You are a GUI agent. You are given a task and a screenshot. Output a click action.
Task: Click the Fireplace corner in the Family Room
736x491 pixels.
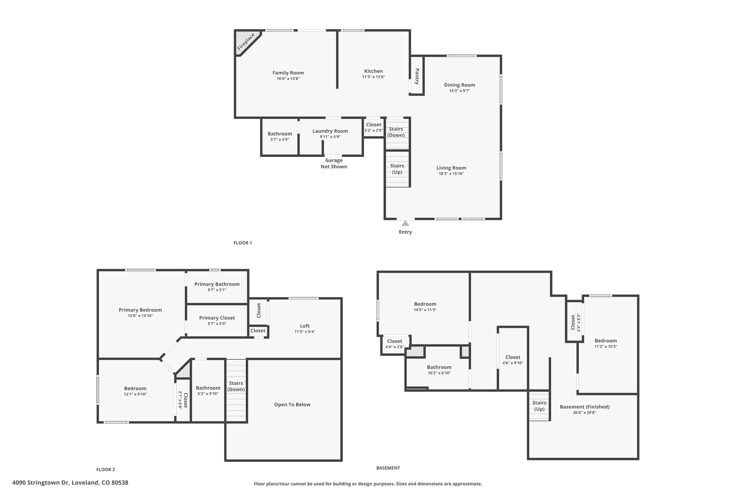[245, 42]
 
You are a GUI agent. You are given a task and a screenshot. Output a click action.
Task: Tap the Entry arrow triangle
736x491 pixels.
[405, 223]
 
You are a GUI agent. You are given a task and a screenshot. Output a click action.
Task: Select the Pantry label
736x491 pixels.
[417, 76]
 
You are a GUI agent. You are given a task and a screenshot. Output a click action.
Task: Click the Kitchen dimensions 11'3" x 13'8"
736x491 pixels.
[373, 77]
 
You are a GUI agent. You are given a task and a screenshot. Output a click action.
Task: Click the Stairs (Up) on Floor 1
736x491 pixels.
[397, 169]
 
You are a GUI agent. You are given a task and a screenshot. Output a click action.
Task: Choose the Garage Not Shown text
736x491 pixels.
[334, 164]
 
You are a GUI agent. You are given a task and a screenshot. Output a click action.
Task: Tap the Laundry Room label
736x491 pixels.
[330, 131]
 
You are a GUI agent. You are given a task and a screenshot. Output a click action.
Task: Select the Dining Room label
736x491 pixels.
[459, 85]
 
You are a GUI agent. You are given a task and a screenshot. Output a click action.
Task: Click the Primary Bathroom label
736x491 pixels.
[217, 284]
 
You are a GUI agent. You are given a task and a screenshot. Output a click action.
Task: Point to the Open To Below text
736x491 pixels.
[292, 405]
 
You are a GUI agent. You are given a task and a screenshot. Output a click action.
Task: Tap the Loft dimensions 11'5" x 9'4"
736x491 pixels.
[305, 332]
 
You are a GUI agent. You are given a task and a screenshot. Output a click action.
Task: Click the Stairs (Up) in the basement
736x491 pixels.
[539, 406]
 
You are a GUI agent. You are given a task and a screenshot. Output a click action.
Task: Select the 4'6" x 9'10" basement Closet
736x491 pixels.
[513, 360]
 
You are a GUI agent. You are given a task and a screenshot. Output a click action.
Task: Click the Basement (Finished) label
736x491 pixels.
[585, 407]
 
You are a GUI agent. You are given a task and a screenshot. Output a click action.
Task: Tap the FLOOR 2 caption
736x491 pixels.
[106, 469]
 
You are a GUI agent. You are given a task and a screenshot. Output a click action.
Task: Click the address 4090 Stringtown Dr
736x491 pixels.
[70, 483]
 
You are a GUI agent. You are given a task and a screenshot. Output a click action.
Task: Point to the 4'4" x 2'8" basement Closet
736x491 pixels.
[395, 344]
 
